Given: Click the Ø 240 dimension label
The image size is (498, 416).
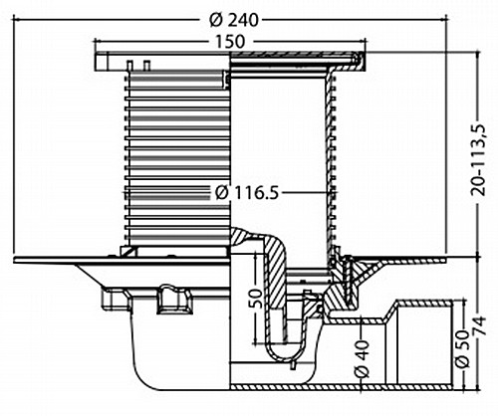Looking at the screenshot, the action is click(233, 21).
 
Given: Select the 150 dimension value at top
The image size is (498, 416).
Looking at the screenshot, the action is click(230, 42).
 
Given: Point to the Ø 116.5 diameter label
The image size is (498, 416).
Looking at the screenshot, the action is click(246, 193).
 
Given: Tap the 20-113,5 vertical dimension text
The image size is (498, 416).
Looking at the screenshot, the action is click(479, 160).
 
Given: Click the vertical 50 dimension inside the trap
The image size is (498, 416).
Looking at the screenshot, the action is click(256, 298).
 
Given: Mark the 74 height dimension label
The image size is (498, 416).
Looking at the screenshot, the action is click(479, 327).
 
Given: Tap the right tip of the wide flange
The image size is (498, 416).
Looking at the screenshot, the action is click(446, 260).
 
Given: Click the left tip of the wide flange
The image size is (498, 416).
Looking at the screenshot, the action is click(15, 260).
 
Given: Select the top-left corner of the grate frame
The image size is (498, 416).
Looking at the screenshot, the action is click(96, 53).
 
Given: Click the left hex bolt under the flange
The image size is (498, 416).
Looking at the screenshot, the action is click(115, 300).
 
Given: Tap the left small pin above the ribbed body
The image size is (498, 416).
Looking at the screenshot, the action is click(130, 66).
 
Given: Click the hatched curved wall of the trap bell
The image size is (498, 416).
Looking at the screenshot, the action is click(276, 266).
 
